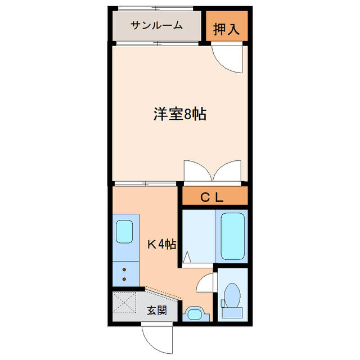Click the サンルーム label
pyautogui.click(x=156, y=25)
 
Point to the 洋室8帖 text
pyautogui.click(x=179, y=115)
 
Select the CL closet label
pyautogui.click(x=213, y=197)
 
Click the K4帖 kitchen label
pyautogui.click(x=163, y=244)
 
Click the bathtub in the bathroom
pyautogui.click(x=232, y=237)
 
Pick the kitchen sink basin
pyautogui.click(x=124, y=231)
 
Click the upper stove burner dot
pyautogui.click(x=124, y=271)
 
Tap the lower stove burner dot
pyautogui.click(x=124, y=279)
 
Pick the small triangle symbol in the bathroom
pyautogui.click(x=187, y=259)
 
